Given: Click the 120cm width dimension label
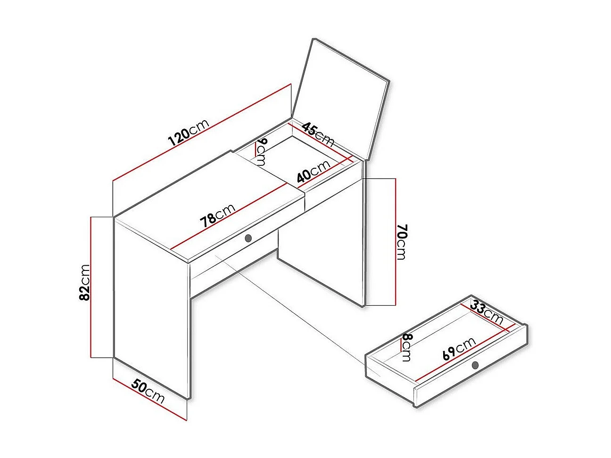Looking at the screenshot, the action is (x=188, y=132).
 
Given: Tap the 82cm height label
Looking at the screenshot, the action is (x=84, y=283).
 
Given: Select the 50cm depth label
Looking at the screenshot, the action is (x=148, y=392).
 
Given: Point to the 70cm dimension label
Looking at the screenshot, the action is (x=401, y=242).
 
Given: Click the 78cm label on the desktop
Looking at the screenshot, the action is (x=218, y=215).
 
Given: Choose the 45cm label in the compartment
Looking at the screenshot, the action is (x=318, y=134).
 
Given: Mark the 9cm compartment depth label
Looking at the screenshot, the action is (x=261, y=152).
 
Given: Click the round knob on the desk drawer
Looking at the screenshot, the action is (x=248, y=238).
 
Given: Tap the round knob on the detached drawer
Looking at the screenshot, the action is (x=475, y=365).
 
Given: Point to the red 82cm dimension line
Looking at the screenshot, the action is (x=91, y=287).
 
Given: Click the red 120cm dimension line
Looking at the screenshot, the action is (x=202, y=132).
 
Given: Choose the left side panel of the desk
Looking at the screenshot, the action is (x=152, y=309).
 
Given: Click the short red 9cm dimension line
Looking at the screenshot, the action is (x=255, y=150).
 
